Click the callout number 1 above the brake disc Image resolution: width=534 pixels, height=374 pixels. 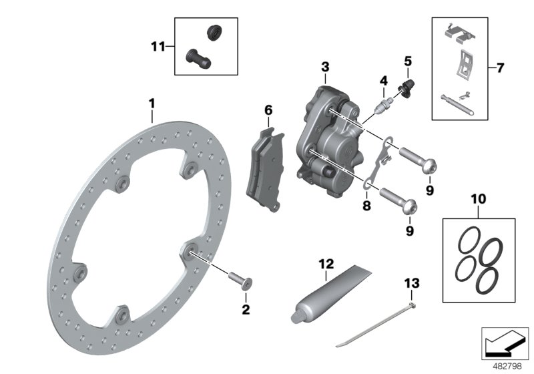tap(152, 104)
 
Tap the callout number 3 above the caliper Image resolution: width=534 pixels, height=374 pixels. tap(324, 67)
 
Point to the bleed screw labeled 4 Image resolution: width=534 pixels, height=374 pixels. tap(384, 104)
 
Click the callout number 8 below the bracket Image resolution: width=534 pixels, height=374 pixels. tap(366, 206)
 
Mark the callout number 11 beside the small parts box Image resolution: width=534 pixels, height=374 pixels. tap(157, 46)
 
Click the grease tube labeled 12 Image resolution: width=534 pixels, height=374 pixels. tap(327, 294)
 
